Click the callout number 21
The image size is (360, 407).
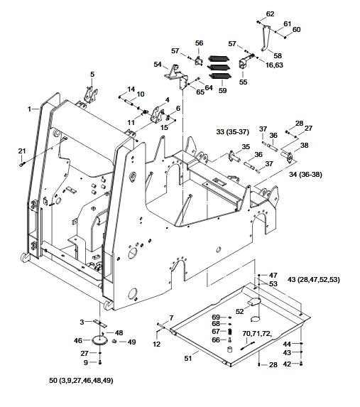22,151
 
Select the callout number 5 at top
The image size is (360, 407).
92,75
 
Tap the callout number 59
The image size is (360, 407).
222,91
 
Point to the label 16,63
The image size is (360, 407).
274,65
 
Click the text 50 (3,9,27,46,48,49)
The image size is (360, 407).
81,381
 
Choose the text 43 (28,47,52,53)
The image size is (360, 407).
314,280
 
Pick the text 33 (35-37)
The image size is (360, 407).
233,132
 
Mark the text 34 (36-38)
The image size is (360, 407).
305,175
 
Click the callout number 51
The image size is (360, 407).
188,358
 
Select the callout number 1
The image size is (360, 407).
29,109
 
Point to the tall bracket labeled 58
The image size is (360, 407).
266,39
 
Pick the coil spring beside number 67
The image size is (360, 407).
230,332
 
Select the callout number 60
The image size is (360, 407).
296,30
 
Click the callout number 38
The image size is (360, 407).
304,145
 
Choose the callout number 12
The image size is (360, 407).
157,344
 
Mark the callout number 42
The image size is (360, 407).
287,364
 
